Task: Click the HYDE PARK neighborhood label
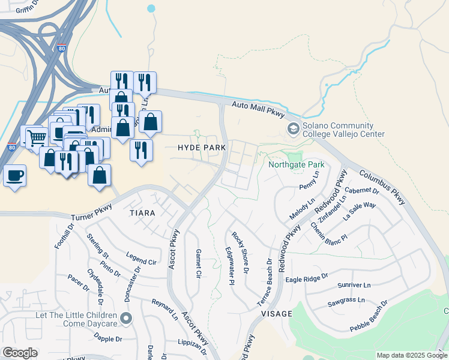point(202,147)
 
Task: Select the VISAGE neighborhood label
point(276,314)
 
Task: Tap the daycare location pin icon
point(126,318)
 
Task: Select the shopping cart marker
point(37,137)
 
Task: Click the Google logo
point(20,353)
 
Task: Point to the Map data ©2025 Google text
point(412,355)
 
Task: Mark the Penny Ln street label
point(310,187)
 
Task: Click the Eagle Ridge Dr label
point(307,278)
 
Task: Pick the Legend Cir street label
point(140,262)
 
